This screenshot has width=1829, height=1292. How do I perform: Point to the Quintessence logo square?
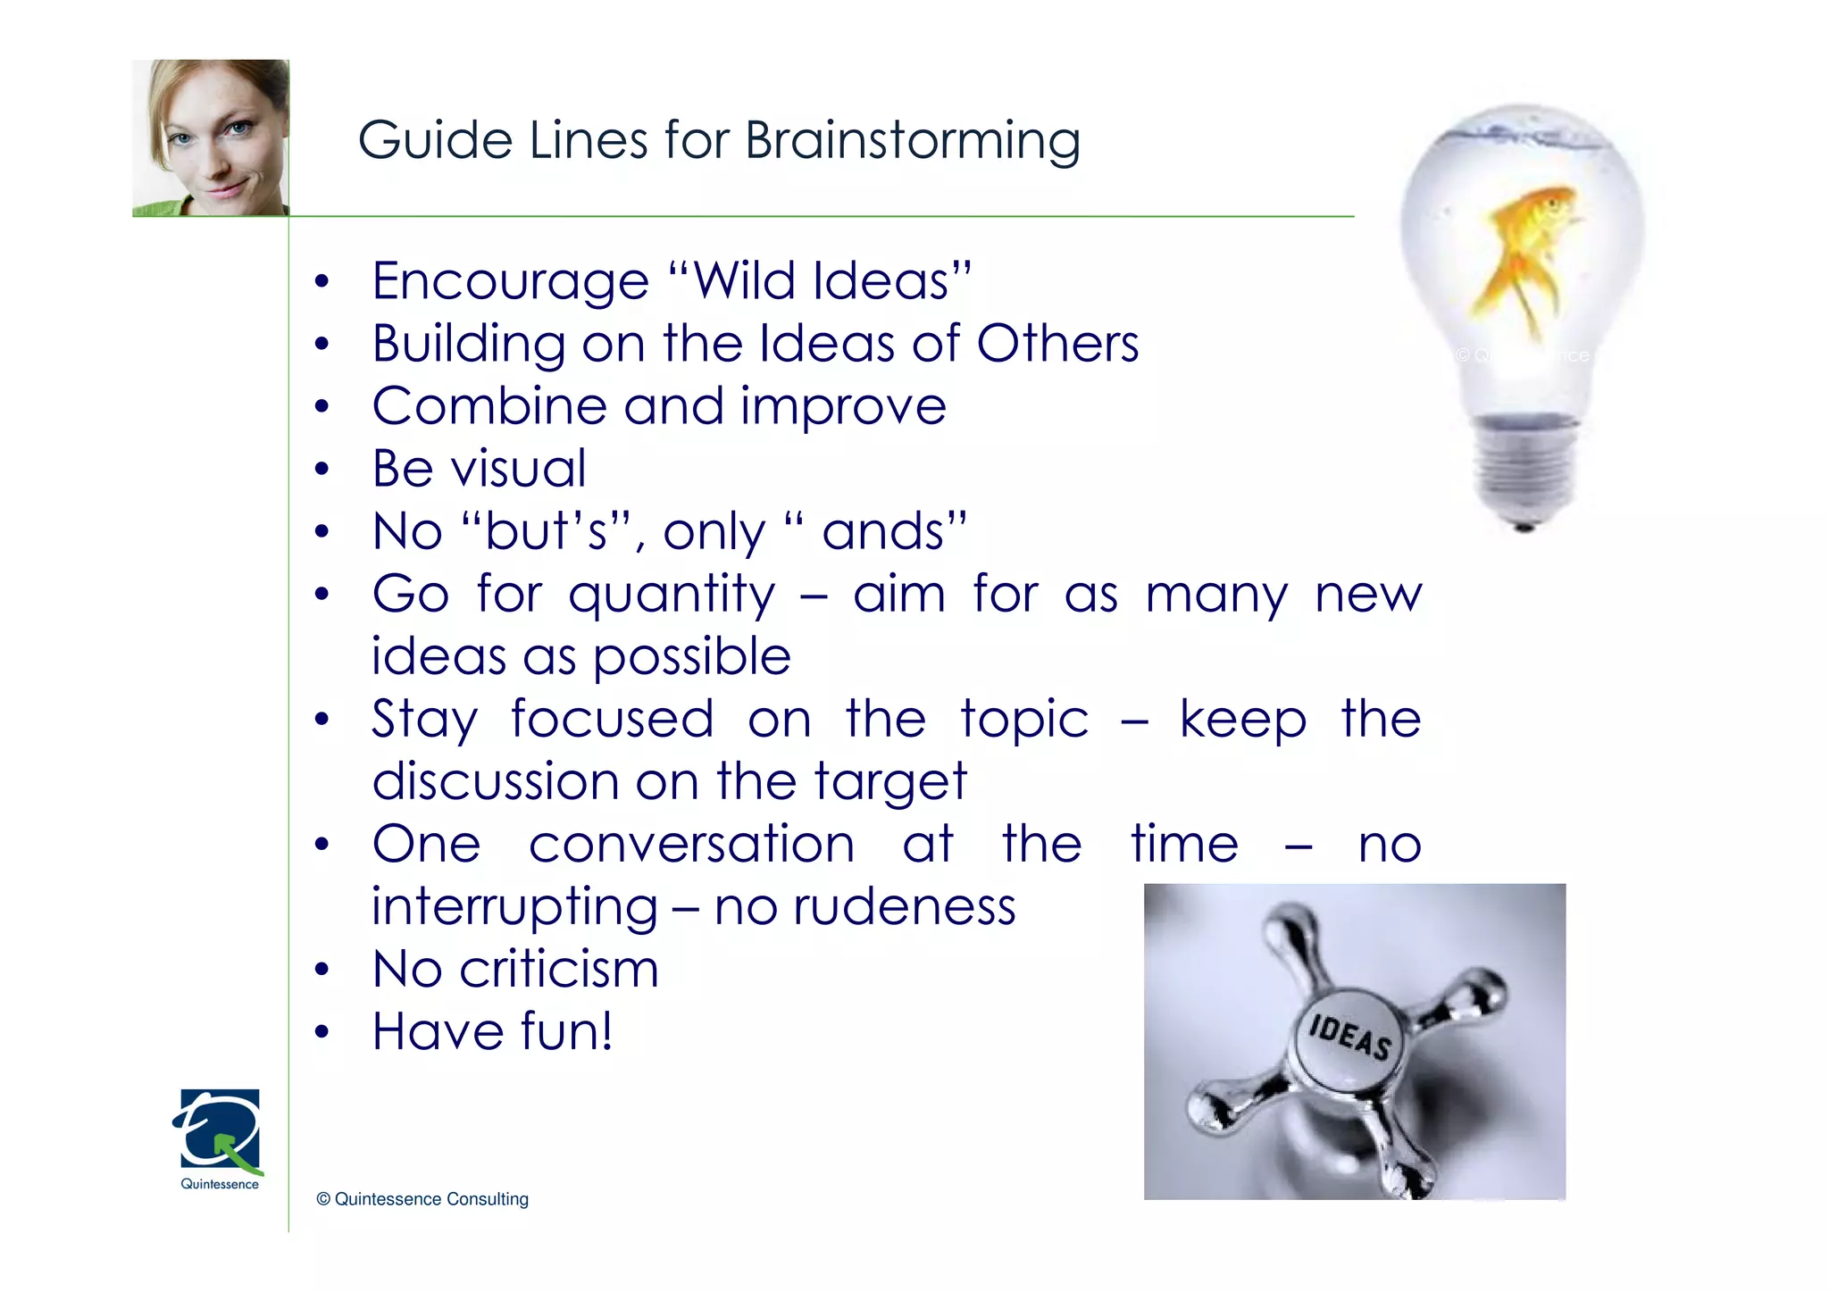(220, 1129)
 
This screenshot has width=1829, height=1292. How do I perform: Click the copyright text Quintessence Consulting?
(422, 1199)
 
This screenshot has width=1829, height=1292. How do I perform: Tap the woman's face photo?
(211, 137)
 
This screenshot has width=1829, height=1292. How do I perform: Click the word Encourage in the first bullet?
(510, 281)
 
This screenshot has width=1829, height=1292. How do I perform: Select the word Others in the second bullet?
(1057, 344)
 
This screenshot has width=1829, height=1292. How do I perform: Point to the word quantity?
(672, 596)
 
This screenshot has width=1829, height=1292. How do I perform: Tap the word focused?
(612, 720)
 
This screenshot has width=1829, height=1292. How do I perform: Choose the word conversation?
(691, 845)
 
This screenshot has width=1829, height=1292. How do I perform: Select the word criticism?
(559, 970)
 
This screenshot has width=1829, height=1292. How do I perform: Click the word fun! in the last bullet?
(566, 1032)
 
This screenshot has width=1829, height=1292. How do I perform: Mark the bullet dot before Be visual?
(322, 470)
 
